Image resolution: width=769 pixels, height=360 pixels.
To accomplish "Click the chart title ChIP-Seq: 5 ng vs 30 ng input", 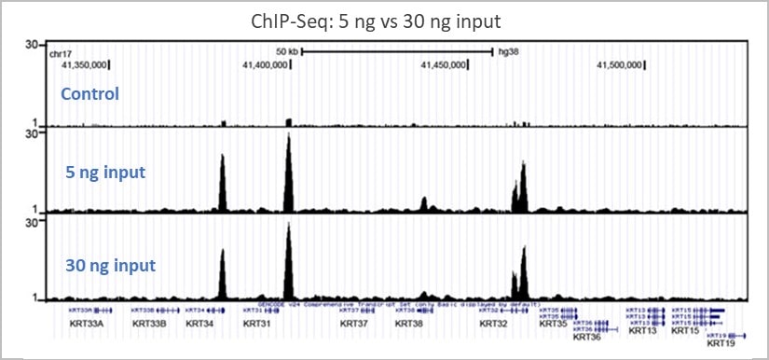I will pyautogui.click(x=384, y=20).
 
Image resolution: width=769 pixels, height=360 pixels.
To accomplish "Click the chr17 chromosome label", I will pyautogui.click(x=60, y=53).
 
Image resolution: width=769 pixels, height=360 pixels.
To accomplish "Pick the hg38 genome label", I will pyautogui.click(x=508, y=52).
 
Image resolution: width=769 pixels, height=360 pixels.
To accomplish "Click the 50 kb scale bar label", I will pyautogui.click(x=286, y=52).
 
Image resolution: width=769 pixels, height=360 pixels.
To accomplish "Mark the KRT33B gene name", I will pyautogui.click(x=149, y=325).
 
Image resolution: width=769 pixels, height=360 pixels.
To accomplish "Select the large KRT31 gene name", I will pyautogui.click(x=256, y=325).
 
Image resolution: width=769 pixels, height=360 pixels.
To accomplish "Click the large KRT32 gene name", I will pyautogui.click(x=494, y=325).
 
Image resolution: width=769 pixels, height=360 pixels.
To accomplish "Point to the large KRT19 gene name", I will pyautogui.click(x=721, y=344).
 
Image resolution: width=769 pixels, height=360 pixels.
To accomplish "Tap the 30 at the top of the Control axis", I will pyautogui.click(x=31, y=45).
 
